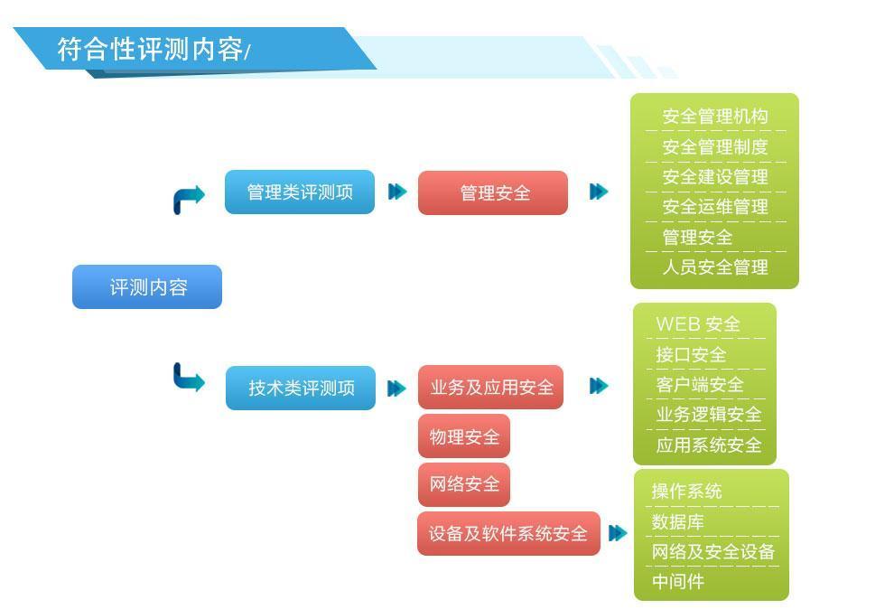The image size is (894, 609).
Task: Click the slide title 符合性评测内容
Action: point(151,49)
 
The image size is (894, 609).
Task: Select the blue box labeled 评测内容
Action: point(147,286)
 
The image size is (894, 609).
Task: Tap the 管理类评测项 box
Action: point(300,192)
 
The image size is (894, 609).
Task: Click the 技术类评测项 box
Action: point(301,388)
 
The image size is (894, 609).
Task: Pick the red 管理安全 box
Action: point(493,192)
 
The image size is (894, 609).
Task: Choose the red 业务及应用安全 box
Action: point(491,388)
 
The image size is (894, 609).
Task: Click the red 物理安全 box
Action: point(464,436)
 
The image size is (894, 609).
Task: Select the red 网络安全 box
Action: point(464,484)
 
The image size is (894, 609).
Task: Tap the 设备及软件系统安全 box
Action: point(508,534)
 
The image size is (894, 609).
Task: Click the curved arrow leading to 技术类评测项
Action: point(188,377)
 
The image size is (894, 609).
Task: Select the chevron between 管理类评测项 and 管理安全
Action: point(396,192)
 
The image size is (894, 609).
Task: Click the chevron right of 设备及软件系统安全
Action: point(618,533)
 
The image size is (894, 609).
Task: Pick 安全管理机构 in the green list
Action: point(715,117)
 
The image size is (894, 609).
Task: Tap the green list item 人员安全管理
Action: point(715,267)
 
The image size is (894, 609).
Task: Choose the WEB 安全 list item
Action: point(698,324)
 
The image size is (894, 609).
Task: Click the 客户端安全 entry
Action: point(700,385)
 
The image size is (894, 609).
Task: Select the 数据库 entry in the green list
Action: point(678,521)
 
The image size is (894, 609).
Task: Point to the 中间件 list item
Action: point(678,582)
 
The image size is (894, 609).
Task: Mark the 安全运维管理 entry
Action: point(715,206)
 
